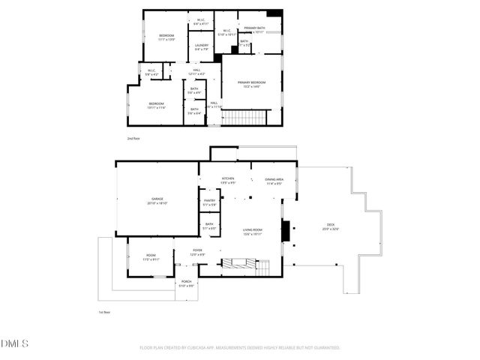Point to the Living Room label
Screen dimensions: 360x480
251,231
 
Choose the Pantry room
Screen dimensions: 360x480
209,202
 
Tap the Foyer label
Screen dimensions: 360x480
197,252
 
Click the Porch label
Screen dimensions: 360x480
186,284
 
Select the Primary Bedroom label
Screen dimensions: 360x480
252,84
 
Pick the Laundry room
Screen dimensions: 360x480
201,47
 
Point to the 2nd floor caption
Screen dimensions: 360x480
133,139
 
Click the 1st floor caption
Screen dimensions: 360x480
104,312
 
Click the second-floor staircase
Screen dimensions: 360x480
245,118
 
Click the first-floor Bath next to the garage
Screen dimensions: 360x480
209,226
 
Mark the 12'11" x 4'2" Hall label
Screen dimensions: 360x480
196,72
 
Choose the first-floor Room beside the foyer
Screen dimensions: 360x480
151,258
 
